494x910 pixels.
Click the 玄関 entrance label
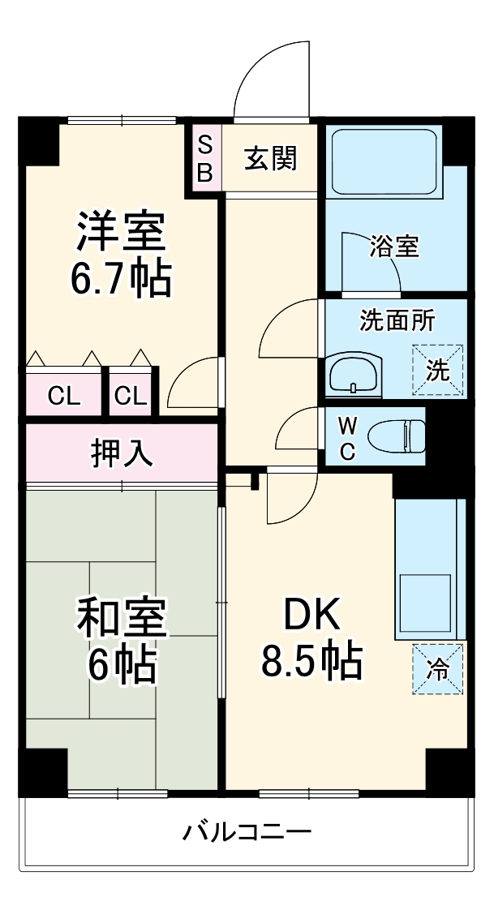(271, 158)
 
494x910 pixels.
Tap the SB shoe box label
(205, 159)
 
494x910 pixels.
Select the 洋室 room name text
(121, 231)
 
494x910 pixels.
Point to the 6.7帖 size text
(121, 278)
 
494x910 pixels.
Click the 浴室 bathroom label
(394, 247)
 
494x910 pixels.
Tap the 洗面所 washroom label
(397, 320)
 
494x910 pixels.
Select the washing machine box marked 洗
(437, 371)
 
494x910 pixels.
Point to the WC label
(346, 437)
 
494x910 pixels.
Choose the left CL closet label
(63, 396)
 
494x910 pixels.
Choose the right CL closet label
(131, 396)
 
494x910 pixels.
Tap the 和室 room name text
(121, 619)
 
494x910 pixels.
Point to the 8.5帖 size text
(311, 663)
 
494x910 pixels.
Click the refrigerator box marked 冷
(437, 668)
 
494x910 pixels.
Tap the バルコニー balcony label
(247, 832)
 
